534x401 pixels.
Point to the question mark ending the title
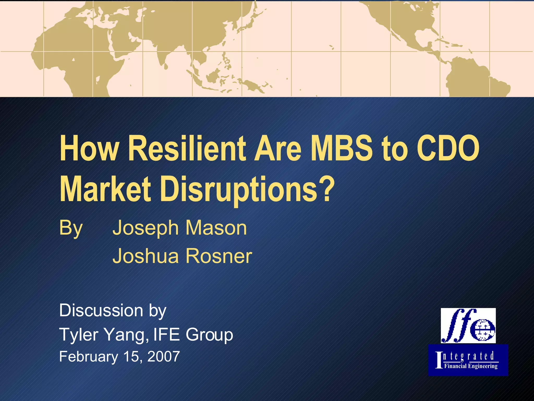tap(327, 189)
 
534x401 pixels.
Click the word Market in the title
tap(105, 189)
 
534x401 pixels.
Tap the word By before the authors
tap(71, 228)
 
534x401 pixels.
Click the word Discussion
tap(101, 310)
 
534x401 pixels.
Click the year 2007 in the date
tap(163, 357)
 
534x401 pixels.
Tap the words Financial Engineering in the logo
tap(471, 366)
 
